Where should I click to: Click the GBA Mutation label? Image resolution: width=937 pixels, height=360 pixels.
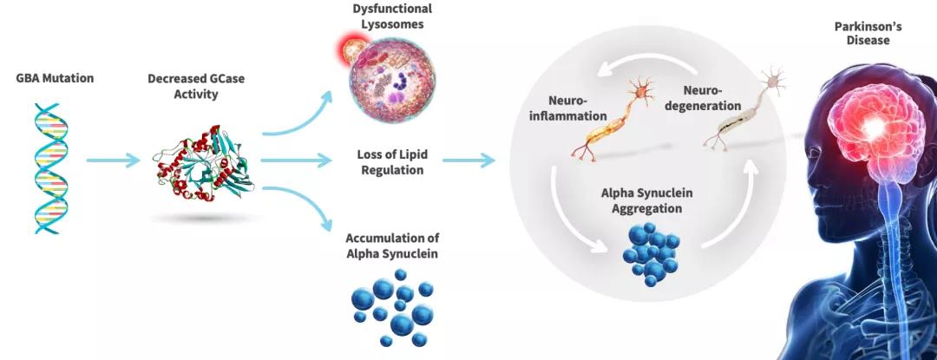55,78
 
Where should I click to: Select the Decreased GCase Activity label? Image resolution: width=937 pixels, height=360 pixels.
196,86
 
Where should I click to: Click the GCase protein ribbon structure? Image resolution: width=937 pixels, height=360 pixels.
200,160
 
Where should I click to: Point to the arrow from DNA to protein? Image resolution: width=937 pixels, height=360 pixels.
113,160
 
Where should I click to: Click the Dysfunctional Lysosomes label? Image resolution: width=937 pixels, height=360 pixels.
392,16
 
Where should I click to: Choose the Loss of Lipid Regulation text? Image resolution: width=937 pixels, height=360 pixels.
390,162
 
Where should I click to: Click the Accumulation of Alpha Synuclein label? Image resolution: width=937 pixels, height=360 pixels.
391,245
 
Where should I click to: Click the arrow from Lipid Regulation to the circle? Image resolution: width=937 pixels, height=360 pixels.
468,160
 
